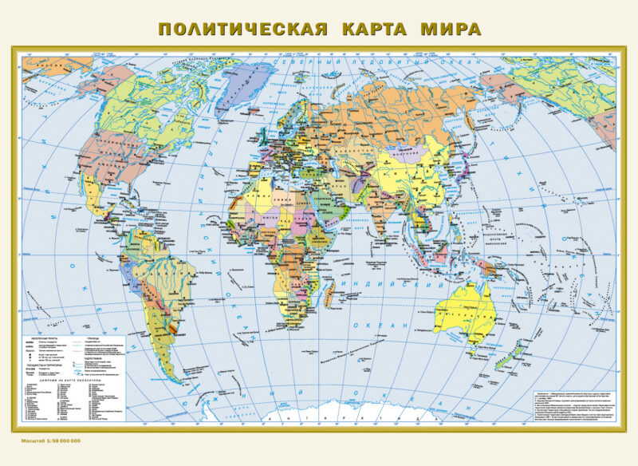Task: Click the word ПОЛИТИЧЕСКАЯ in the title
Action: (x=243, y=30)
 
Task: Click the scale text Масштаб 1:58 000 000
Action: (x=48, y=440)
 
